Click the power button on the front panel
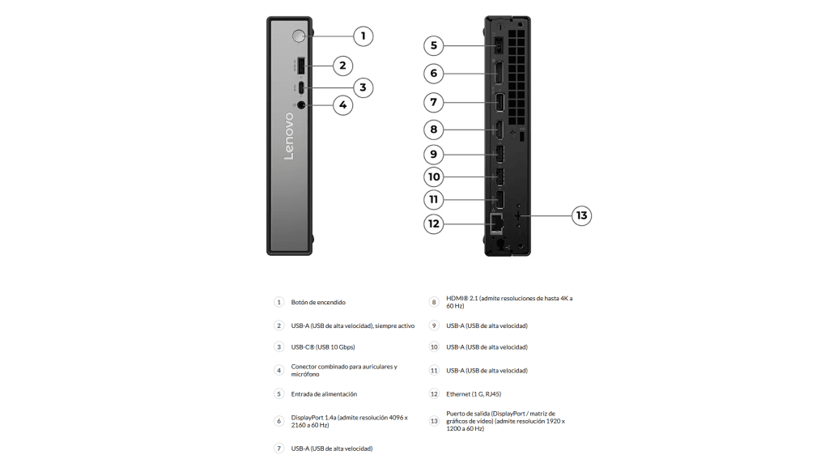(x=299, y=36)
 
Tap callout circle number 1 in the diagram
(x=363, y=36)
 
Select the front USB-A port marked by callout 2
(x=300, y=66)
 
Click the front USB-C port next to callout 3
(x=300, y=87)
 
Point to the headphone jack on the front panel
(x=301, y=104)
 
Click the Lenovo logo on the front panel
(x=289, y=136)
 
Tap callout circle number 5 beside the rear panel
(x=434, y=45)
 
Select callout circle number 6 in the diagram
(x=434, y=74)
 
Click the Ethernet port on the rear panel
(x=496, y=219)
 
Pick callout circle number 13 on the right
(x=581, y=215)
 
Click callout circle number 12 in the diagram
(x=434, y=223)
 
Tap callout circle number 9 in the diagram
(x=434, y=154)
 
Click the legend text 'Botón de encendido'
(x=318, y=302)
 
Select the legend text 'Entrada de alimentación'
(x=324, y=394)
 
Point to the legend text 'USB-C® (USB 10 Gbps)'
(x=323, y=347)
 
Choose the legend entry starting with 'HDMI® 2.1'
(x=508, y=302)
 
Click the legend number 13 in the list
(x=434, y=421)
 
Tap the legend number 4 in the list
(x=278, y=370)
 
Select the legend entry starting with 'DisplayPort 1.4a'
(x=349, y=421)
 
